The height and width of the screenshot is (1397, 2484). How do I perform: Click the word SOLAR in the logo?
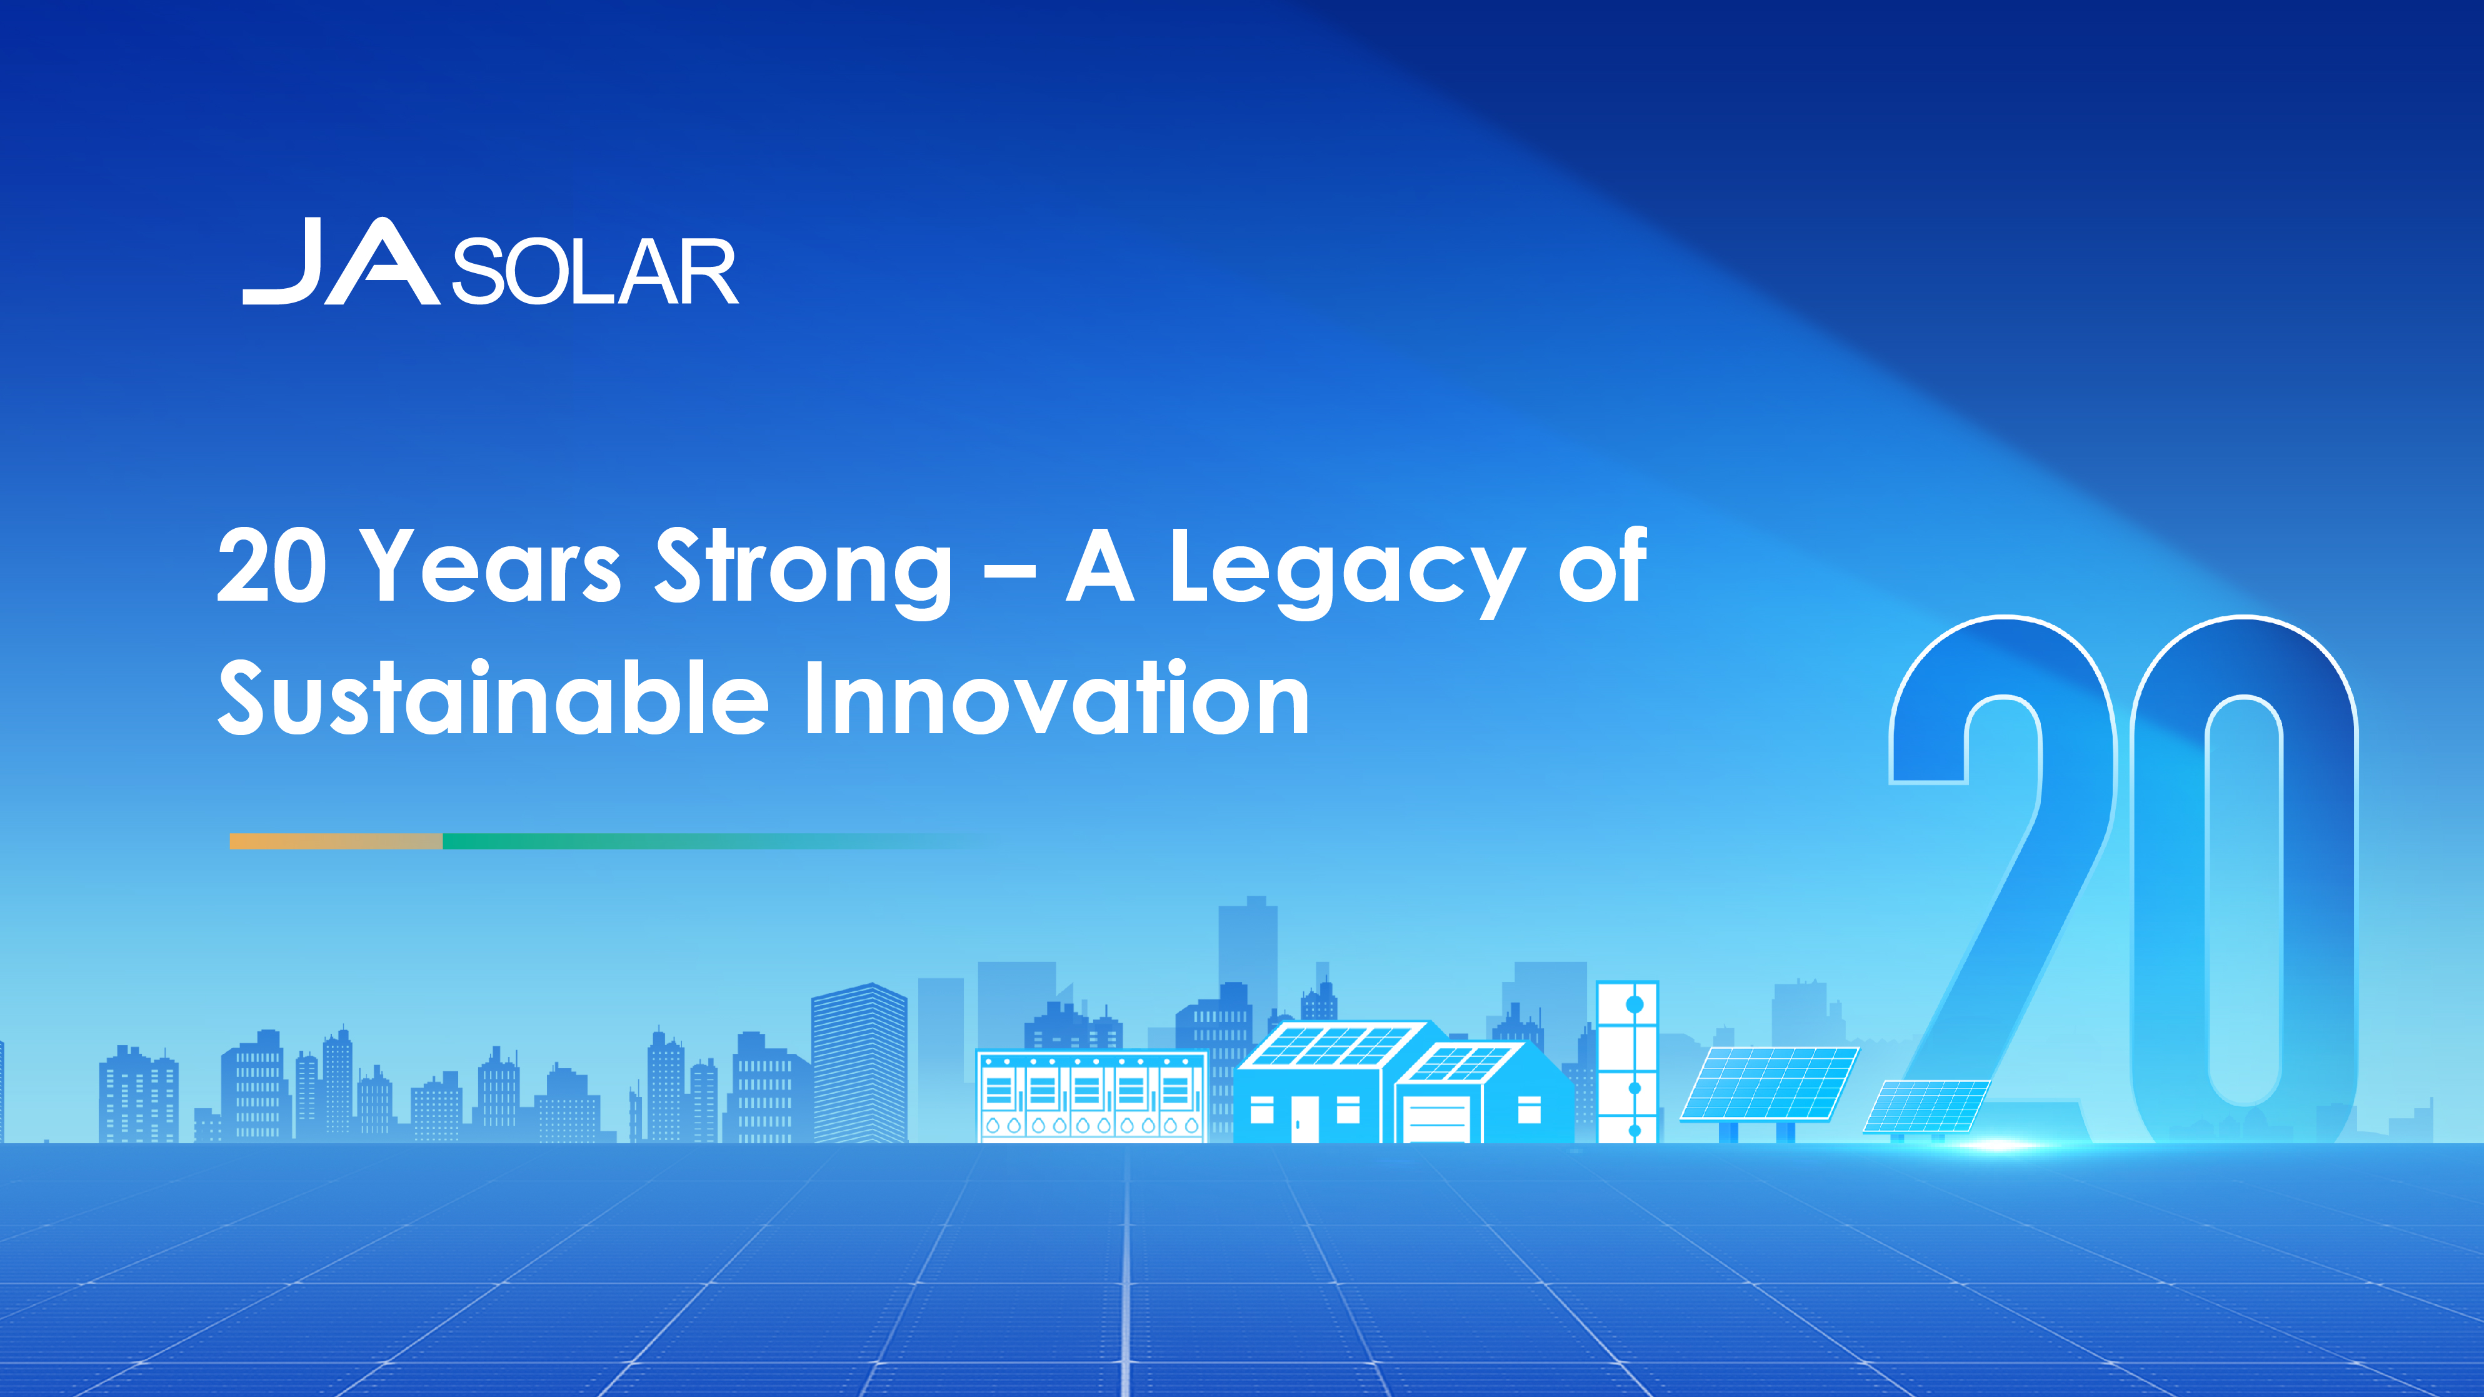[595, 272]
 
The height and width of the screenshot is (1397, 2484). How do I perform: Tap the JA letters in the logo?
[341, 261]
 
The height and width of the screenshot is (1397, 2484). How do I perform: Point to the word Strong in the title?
[803, 571]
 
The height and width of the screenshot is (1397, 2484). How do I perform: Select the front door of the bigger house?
[1305, 1119]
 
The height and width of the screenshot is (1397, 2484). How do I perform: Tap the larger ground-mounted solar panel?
[1770, 1084]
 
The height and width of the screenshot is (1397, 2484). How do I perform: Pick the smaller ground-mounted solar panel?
[1926, 1106]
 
